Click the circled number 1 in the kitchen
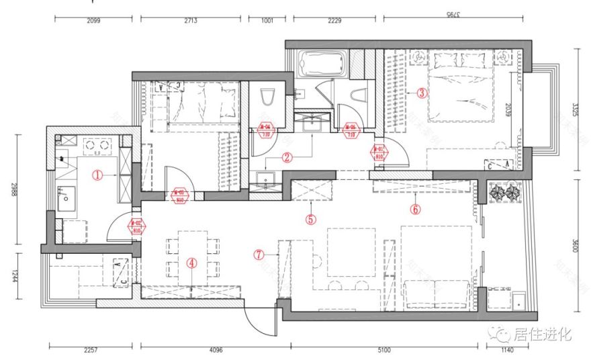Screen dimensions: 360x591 pos(97,175)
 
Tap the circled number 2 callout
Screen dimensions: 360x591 pos(287,159)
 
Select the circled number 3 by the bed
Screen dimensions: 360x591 pos(422,93)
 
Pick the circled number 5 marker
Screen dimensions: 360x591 pos(310,218)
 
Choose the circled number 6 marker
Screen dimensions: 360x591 pos(415,210)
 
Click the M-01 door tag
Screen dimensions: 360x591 pos(379,152)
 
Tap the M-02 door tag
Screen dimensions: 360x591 pos(136,226)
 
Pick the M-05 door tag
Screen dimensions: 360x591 pos(351,130)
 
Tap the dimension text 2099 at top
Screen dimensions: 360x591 pos(93,21)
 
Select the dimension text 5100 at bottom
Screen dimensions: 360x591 pos(383,349)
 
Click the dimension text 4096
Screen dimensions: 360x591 pos(215,349)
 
